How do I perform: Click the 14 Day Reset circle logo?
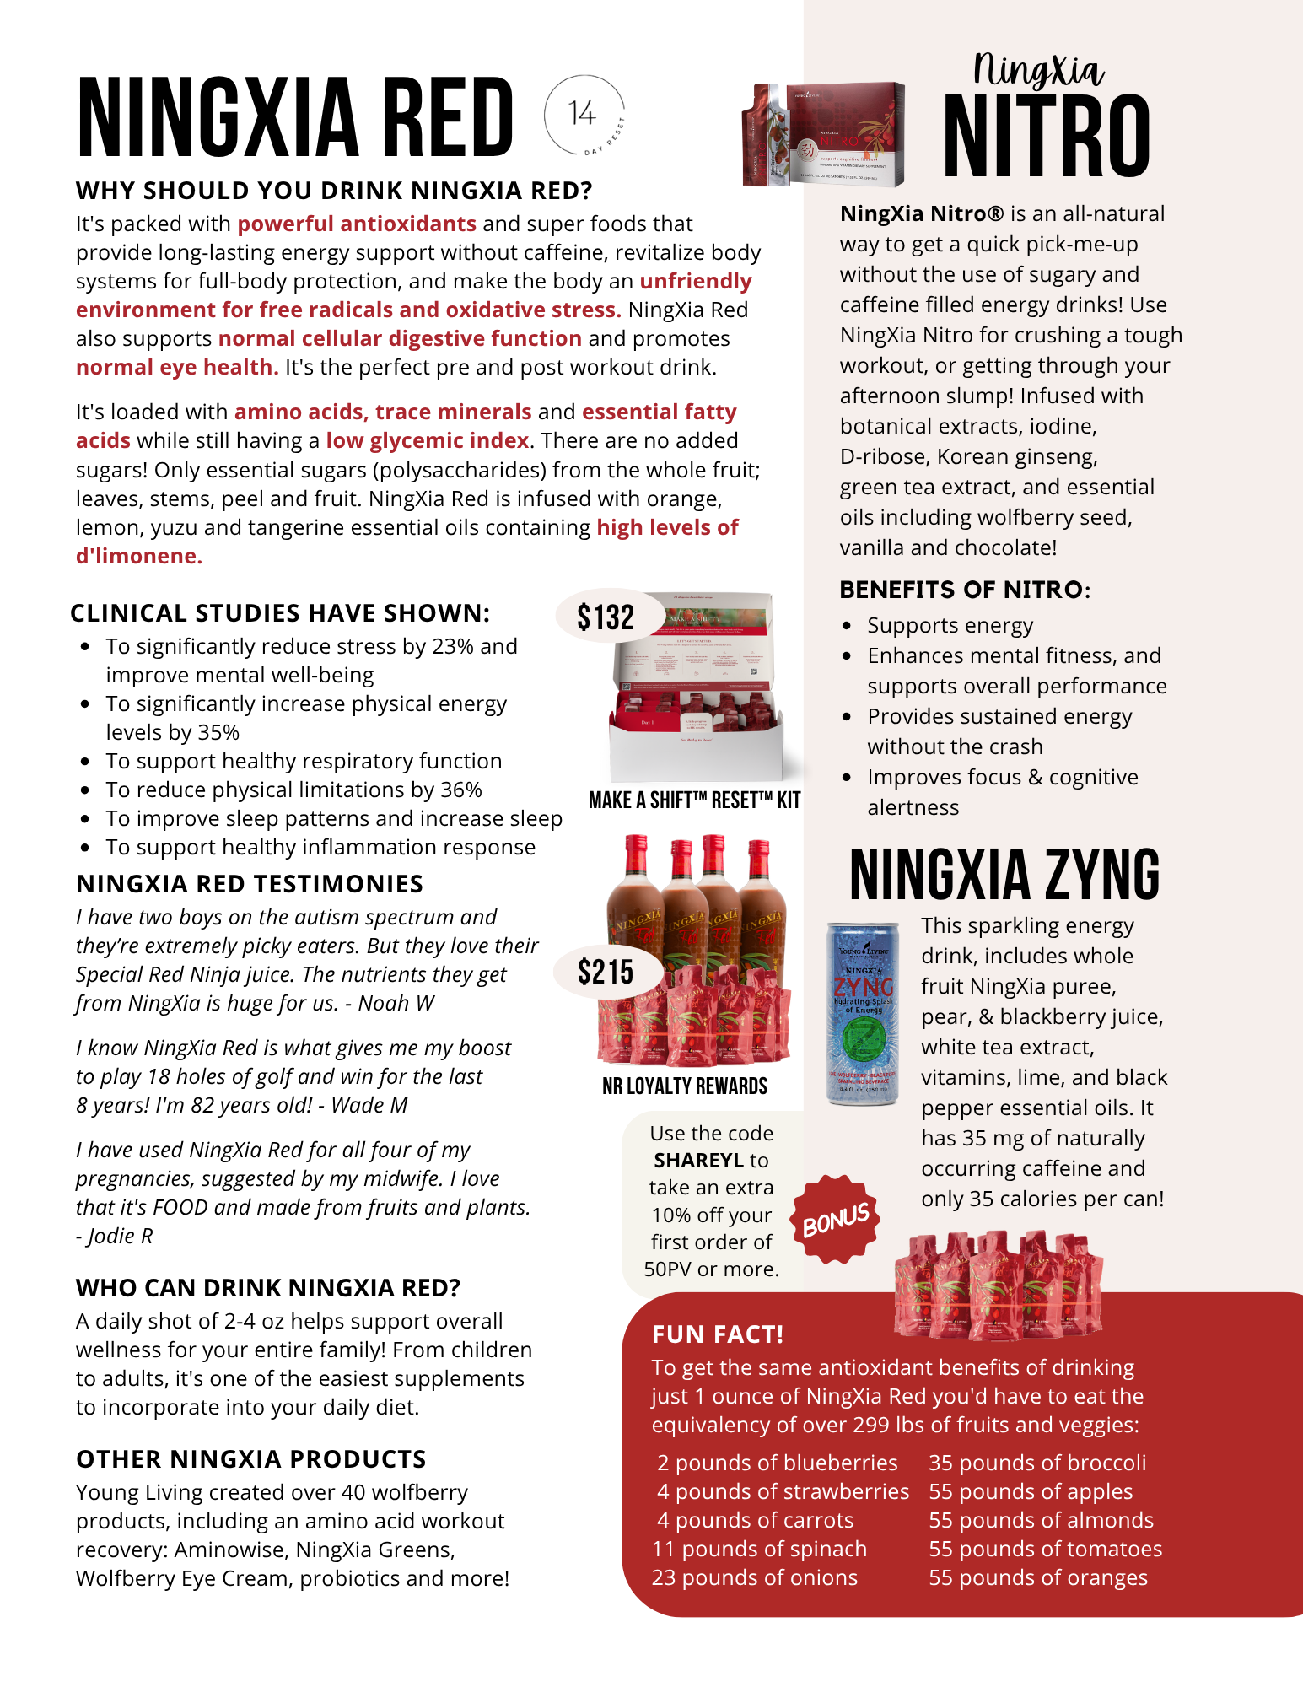point(584,115)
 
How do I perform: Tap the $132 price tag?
point(605,617)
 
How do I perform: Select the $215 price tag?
point(605,972)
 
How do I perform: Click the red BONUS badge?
point(835,1220)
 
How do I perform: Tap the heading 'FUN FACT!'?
point(718,1334)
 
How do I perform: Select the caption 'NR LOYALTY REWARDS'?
point(685,1086)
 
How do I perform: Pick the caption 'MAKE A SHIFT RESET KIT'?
point(694,800)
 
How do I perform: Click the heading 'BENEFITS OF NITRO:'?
point(965,590)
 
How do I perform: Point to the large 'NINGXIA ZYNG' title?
point(1004,875)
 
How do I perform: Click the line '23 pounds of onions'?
point(754,1577)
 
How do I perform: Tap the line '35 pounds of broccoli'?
point(1037,1463)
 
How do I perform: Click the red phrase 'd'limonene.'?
point(139,556)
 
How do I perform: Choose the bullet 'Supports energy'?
point(950,625)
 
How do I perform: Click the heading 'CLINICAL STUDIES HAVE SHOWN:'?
point(280,613)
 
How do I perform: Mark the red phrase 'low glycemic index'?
point(428,440)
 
